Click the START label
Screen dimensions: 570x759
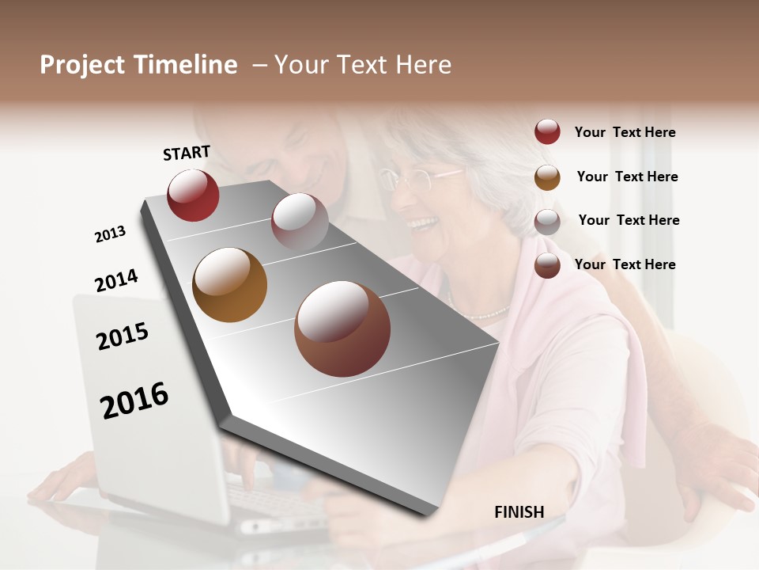pos(187,153)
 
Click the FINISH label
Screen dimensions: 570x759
pos(519,512)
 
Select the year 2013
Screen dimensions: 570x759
pos(110,234)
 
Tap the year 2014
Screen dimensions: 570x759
pos(116,281)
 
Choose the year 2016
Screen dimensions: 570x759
pos(134,401)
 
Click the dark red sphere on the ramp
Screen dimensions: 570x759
pos(193,196)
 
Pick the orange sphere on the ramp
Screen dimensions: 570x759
pos(230,285)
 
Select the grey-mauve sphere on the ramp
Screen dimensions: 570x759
pos(300,221)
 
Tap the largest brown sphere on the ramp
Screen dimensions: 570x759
pos(342,329)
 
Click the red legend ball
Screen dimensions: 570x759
pos(547,132)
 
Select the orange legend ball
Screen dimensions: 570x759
pos(547,177)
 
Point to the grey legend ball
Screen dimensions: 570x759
pos(547,221)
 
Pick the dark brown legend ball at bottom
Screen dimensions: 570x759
pos(547,265)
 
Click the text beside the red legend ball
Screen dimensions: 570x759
pos(625,132)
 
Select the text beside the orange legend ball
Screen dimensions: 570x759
pos(627,177)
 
